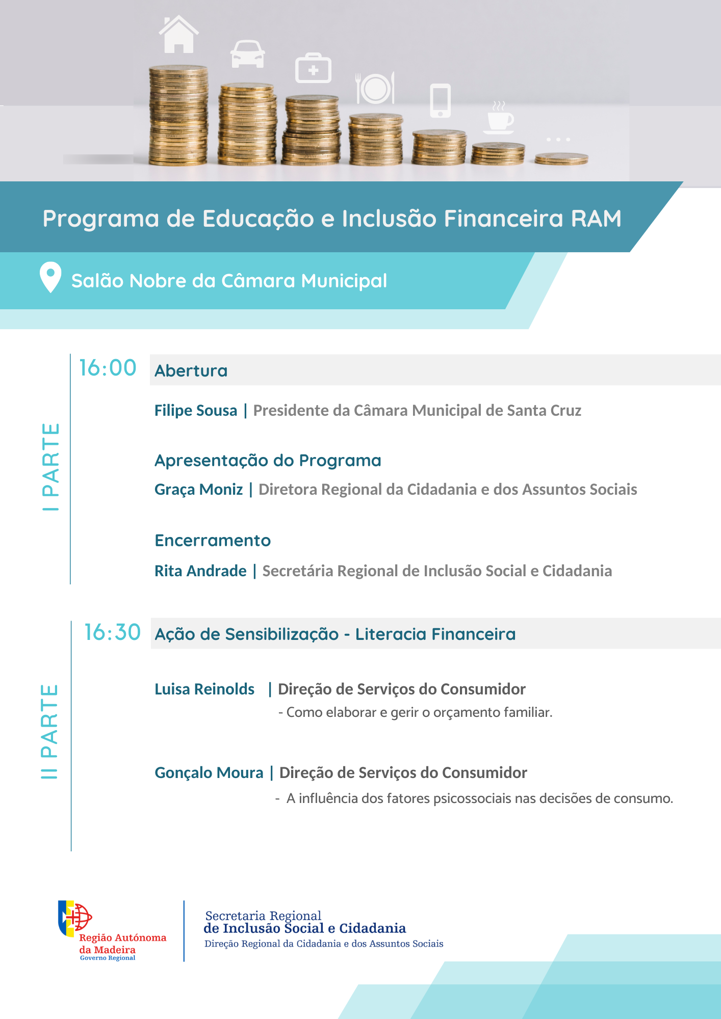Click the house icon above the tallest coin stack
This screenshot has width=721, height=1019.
pyautogui.click(x=178, y=34)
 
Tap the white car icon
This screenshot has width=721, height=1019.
pyautogui.click(x=248, y=53)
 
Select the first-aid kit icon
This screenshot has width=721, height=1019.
pyautogui.click(x=313, y=68)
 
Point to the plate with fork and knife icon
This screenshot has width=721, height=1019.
pyautogui.click(x=375, y=88)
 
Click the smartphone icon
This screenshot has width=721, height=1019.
pyautogui.click(x=440, y=100)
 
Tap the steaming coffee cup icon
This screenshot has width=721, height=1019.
pyautogui.click(x=500, y=118)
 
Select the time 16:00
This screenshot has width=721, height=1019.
pyautogui.click(x=108, y=368)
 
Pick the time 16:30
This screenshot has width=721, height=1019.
pyautogui.click(x=112, y=632)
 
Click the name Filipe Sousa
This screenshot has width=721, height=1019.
pyautogui.click(x=196, y=411)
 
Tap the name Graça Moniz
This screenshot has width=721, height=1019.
pyautogui.click(x=199, y=490)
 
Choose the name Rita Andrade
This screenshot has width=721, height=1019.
pyautogui.click(x=200, y=571)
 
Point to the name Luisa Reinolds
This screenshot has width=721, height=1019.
pyautogui.click(x=204, y=689)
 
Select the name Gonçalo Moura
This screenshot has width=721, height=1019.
pyautogui.click(x=209, y=773)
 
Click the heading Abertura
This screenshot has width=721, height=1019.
pyautogui.click(x=191, y=371)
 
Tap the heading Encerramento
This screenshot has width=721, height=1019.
pyautogui.click(x=213, y=541)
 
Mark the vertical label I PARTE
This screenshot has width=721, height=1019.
pyautogui.click(x=50, y=467)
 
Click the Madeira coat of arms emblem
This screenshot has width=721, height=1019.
pyautogui.click(x=74, y=918)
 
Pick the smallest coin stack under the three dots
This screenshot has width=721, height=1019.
pyautogui.click(x=561, y=159)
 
